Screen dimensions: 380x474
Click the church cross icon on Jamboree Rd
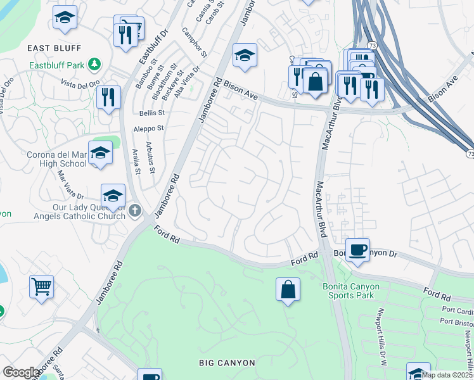pos(134,211)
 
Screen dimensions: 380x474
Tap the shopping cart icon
pos(41,286)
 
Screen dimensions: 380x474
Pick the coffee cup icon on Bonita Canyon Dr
pos(358,248)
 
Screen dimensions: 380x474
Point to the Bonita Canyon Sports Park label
pos(350,292)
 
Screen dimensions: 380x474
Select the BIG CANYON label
pos(227,363)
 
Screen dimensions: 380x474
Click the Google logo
pos(21,372)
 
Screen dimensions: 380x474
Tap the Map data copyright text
pos(447,375)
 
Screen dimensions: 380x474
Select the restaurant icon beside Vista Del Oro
pos(108,97)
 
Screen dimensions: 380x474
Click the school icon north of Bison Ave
pos(245,55)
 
